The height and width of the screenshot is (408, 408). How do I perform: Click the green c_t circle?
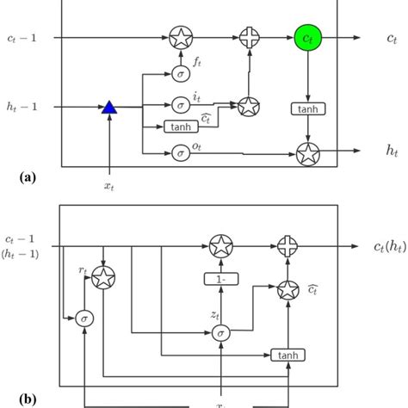point(306,38)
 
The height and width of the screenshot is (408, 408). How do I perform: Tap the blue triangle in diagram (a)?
point(108,107)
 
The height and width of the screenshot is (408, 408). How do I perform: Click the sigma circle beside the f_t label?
point(181,73)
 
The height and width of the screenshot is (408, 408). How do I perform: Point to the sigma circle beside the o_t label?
point(181,153)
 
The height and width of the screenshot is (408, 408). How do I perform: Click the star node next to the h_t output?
point(306,154)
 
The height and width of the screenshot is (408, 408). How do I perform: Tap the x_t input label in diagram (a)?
point(108,185)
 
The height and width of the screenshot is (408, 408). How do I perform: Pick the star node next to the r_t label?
point(103,277)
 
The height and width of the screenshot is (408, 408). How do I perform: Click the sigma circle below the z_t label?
point(222,333)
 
